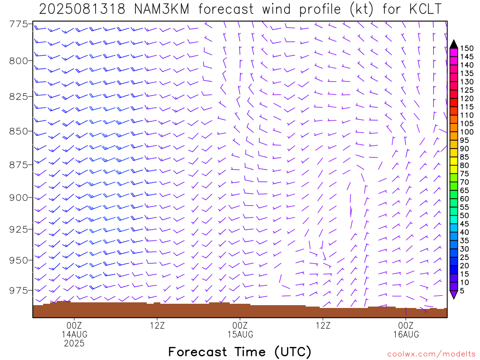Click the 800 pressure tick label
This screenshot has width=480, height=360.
18,61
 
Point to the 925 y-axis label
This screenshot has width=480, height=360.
18,229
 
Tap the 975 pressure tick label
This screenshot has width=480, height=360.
18,290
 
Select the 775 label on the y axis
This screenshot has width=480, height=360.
18,24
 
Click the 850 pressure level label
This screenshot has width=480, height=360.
18,131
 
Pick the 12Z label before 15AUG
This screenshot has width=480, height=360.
157,325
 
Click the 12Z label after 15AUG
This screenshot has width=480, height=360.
323,325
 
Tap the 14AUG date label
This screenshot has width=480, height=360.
75,334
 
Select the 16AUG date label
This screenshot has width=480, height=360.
406,334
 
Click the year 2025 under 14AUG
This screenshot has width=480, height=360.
75,344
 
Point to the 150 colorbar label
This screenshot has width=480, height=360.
467,48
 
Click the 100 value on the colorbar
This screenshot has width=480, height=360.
467,132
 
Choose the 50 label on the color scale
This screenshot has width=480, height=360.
465,216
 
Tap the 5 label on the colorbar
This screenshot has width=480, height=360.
462,291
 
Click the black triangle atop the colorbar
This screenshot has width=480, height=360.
454,45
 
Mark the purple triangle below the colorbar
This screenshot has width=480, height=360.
454,294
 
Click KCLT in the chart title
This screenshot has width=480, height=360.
426,9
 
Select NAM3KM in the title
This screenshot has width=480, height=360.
162,9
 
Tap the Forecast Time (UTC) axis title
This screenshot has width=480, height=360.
240,352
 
